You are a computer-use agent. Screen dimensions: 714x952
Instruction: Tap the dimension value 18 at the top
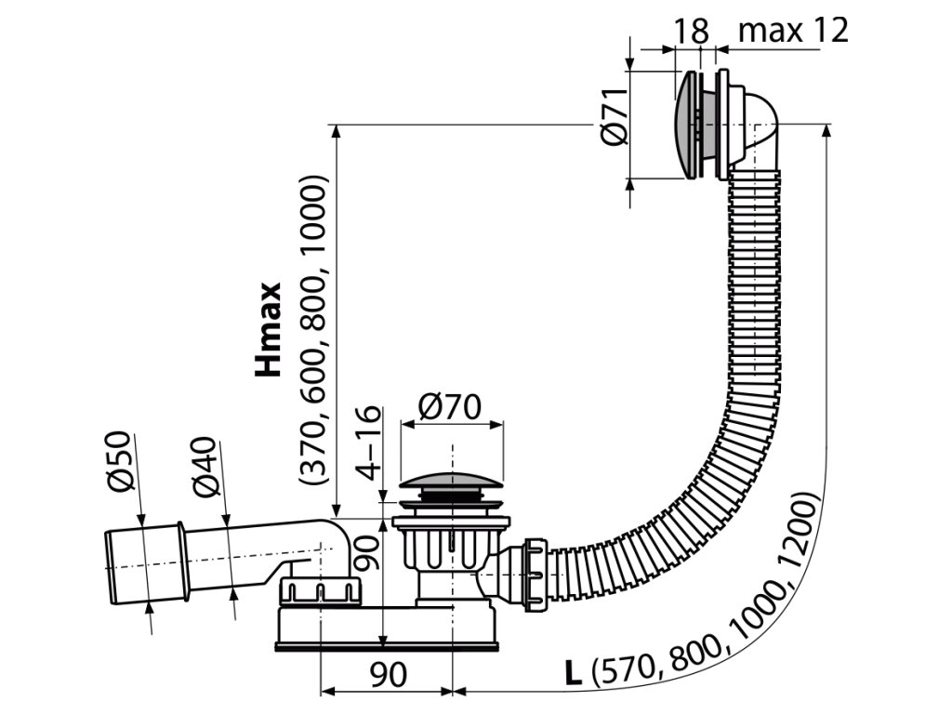coord(691,31)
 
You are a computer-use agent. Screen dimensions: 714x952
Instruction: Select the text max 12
coord(793,31)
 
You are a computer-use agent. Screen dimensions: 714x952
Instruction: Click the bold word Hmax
coord(269,330)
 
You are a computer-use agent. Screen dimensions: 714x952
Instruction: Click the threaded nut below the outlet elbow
coord(317,591)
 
